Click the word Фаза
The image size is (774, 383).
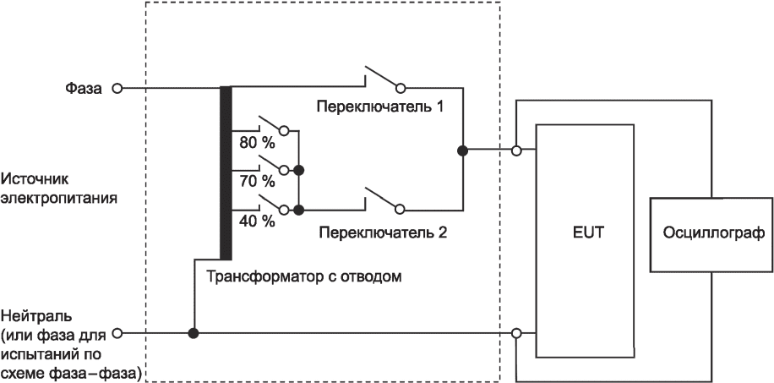click(x=84, y=89)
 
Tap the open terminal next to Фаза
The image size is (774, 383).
click(x=117, y=89)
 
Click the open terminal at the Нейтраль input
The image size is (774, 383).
click(x=117, y=334)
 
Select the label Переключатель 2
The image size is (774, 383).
click(x=383, y=232)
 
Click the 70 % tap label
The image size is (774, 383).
click(x=257, y=182)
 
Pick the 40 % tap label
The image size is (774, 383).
click(x=257, y=222)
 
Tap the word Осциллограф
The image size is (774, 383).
click(x=711, y=233)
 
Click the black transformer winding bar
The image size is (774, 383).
click(x=226, y=173)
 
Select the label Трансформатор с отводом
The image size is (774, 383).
click(x=303, y=276)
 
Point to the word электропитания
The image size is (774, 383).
click(x=59, y=199)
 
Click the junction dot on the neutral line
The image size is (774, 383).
click(x=193, y=334)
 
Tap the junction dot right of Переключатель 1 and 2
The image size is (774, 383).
click(x=462, y=150)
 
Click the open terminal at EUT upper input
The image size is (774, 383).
click(x=516, y=150)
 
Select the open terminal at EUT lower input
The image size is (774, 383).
click(x=516, y=334)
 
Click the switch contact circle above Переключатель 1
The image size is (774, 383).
click(x=401, y=89)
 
